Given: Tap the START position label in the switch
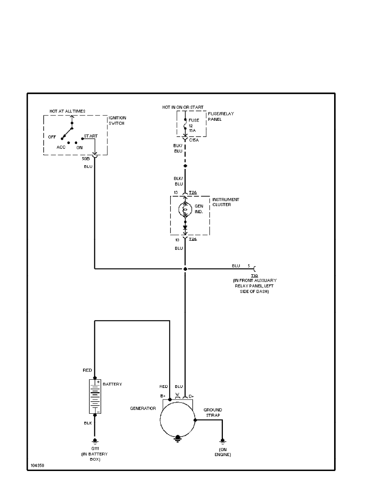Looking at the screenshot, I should coord(90,136).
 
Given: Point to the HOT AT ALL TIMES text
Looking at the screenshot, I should coord(67,111).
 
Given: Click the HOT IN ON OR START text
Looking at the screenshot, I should coord(180,107).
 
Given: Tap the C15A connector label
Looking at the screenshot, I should coord(194,140).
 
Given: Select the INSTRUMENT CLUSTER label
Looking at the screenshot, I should coord(225,202).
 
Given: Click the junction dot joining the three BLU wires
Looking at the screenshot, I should coord(186,269).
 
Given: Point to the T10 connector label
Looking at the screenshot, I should coord(254,275).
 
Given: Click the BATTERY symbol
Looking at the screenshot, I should coord(95,396).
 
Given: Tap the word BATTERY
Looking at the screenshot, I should coord(112,384).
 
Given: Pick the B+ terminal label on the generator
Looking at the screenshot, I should coord(163,396).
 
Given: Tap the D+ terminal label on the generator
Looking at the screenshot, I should coord(191,396).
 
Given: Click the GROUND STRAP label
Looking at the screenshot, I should coord(212,412).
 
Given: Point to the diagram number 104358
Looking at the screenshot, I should coord(37,465).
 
